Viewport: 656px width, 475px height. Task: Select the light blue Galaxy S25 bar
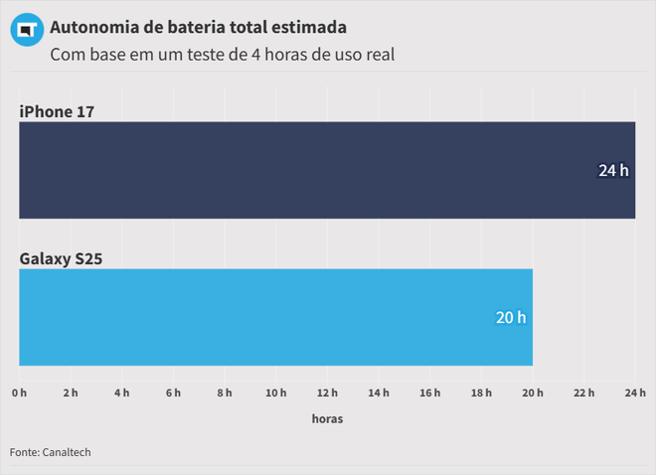point(275,317)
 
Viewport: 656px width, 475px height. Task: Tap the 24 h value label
point(613,171)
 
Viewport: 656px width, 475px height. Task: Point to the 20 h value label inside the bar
point(511,318)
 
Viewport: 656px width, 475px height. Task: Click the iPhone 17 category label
point(57,111)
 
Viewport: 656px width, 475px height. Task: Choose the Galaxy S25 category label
point(62,259)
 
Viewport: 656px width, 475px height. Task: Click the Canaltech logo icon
point(26,32)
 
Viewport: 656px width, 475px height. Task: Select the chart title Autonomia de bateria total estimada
point(198,26)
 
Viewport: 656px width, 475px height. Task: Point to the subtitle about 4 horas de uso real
point(223,55)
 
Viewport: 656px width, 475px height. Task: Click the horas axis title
point(327,419)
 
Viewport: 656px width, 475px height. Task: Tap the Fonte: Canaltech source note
point(50,452)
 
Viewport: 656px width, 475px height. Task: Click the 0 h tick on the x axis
point(20,394)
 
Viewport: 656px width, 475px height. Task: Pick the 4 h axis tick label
point(122,394)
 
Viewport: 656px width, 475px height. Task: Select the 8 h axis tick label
point(225,394)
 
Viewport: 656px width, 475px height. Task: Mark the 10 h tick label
point(276,394)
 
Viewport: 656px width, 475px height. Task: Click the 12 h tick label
point(327,394)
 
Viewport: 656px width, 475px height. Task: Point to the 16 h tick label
point(430,394)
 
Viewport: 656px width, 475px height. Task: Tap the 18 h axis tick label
point(481,394)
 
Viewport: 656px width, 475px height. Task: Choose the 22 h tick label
point(584,394)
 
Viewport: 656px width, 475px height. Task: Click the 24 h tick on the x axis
point(634,394)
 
